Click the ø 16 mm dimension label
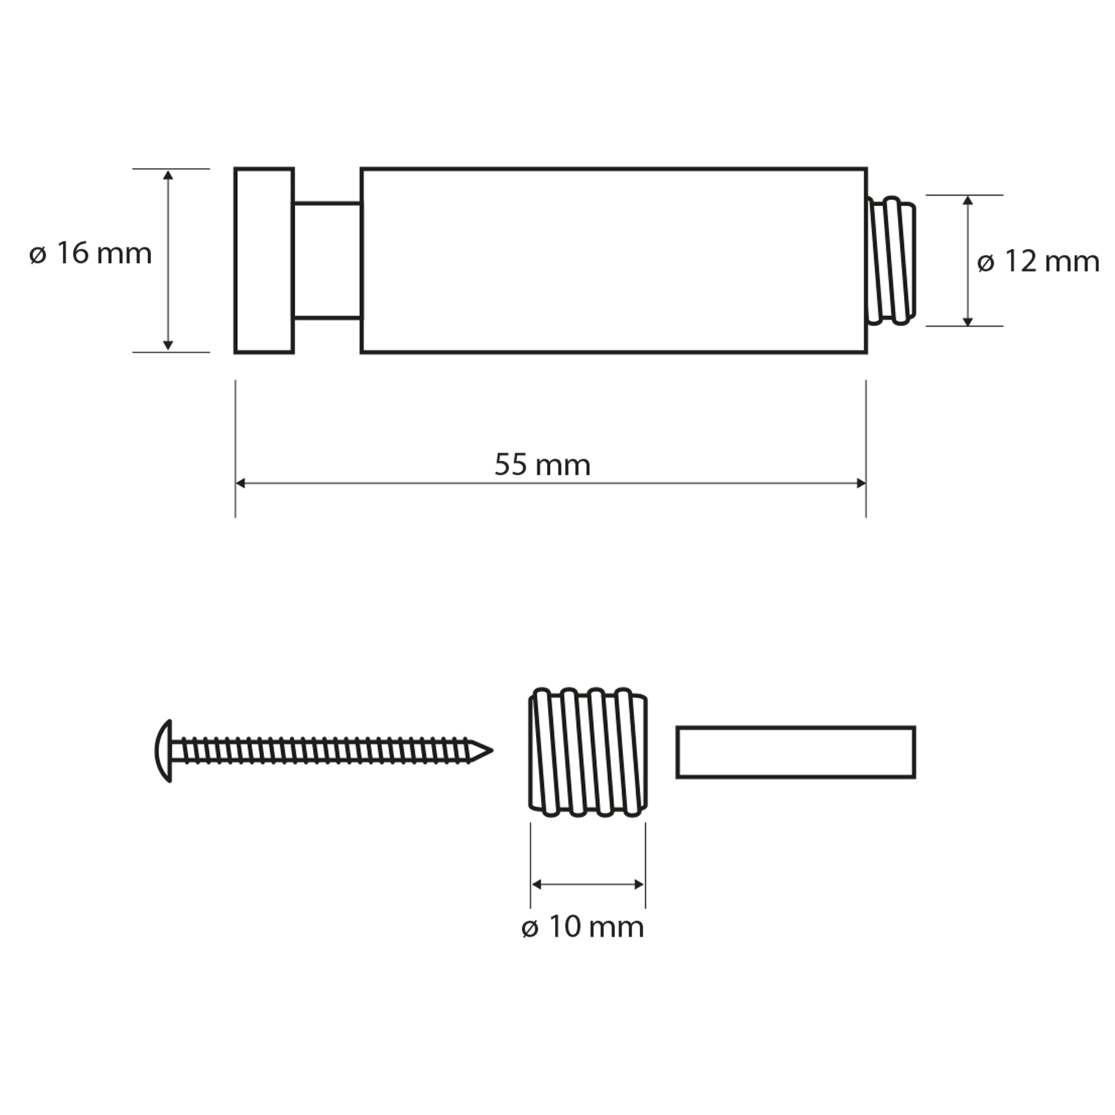click(x=91, y=253)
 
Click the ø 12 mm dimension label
click(x=1038, y=262)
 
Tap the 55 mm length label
click(x=543, y=465)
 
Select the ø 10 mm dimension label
click(x=583, y=927)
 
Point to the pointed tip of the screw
click(x=492, y=751)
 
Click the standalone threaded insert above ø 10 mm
click(x=588, y=752)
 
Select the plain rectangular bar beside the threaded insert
click(x=795, y=752)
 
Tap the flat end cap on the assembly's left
click(x=264, y=260)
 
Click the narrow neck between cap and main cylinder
click(x=328, y=260)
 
